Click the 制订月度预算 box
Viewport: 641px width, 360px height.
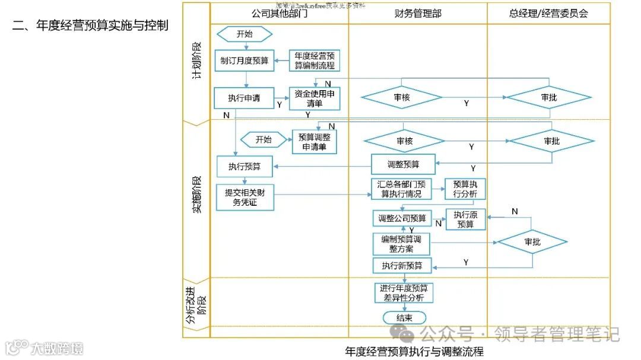244,60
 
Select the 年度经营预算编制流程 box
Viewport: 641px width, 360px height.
315,60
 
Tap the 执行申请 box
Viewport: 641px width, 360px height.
244,98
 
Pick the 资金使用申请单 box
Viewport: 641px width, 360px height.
315,98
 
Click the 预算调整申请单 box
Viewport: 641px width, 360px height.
314,142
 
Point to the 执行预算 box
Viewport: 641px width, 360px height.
245,167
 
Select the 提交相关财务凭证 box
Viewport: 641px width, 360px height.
245,197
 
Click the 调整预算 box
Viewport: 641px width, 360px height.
403,165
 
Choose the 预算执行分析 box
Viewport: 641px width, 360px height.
465,189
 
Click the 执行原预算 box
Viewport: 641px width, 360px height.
465,219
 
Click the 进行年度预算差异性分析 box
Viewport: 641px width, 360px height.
404,293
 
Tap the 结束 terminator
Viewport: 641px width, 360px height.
404,317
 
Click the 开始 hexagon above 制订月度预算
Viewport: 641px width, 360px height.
244,34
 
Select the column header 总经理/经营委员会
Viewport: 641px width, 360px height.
548,13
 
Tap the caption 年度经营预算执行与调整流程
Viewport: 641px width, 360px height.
414,351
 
